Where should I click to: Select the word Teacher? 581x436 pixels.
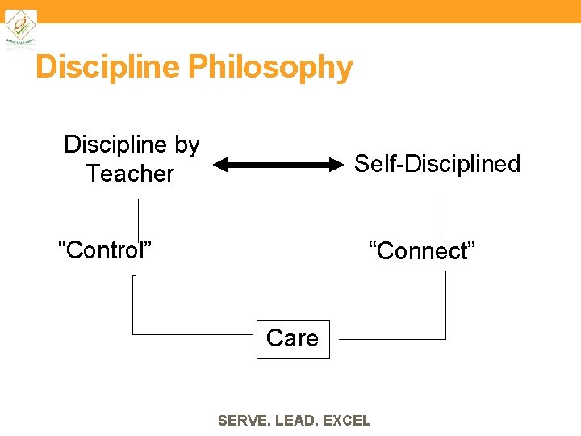point(130,174)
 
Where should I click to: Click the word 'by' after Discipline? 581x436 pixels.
point(186,145)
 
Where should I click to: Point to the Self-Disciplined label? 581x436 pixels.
point(437,164)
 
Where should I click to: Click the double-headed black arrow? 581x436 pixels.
point(278,166)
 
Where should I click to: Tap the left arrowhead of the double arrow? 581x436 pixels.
point(221,166)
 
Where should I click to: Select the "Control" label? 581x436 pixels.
point(106,249)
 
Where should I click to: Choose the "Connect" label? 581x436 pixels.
point(422,250)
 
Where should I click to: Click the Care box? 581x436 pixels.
point(292,337)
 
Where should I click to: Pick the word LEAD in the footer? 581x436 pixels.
point(296,421)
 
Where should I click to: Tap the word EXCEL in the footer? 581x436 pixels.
point(346,421)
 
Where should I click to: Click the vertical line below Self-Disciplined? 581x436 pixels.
point(441,216)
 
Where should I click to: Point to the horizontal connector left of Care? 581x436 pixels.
point(194,333)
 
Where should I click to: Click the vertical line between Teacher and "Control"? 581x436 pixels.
point(138,218)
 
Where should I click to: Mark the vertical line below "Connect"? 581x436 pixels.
point(445,304)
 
